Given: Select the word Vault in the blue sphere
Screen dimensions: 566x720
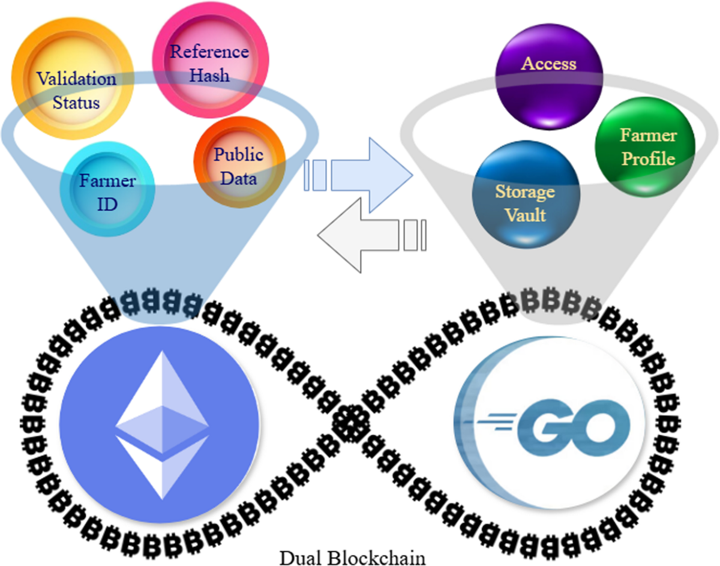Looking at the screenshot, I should [x=525, y=214].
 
